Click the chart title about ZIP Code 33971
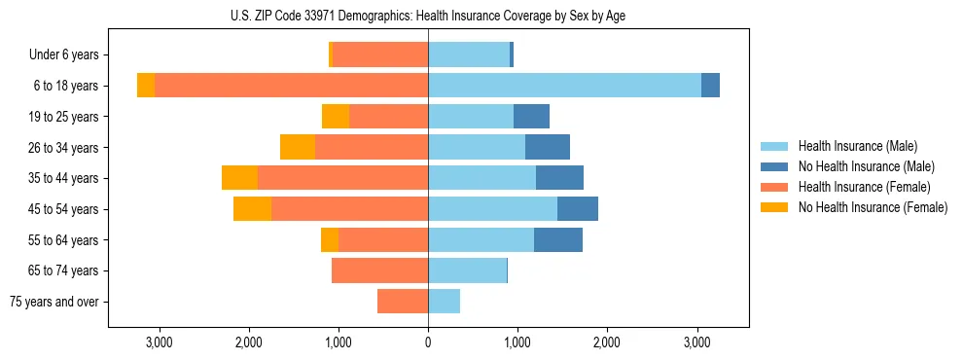pos(428,15)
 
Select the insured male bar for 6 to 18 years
pos(564,86)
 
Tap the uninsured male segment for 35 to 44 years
pos(559,178)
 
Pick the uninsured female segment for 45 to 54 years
pos(252,209)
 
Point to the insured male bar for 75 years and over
pos(444,302)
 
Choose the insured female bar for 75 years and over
pos(403,302)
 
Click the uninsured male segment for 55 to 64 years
pos(558,240)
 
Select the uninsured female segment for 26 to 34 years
pos(298,147)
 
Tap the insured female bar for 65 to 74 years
pos(379,270)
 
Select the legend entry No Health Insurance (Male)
pos(865,166)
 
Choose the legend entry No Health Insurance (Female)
pos(872,207)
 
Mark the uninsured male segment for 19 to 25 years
pos(531,117)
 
